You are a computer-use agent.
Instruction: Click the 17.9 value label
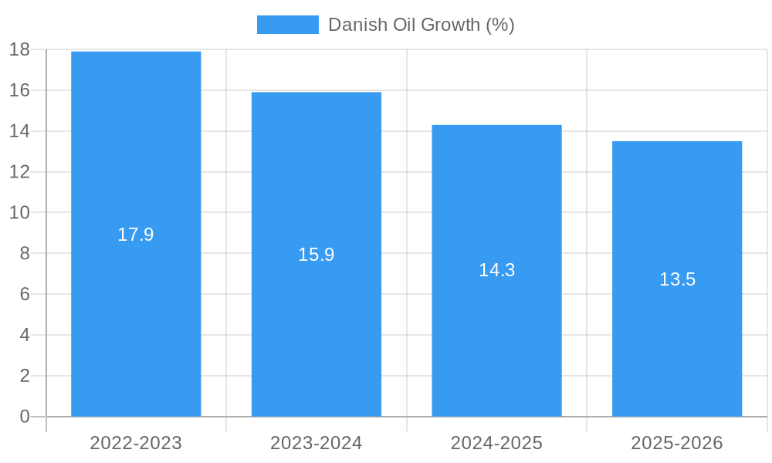pyautogui.click(x=136, y=235)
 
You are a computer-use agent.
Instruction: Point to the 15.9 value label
pyautogui.click(x=317, y=255)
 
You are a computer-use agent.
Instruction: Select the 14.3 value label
pyautogui.click(x=496, y=270)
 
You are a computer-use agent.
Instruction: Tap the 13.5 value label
pyautogui.click(x=677, y=279)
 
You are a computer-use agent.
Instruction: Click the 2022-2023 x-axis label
pyautogui.click(x=136, y=443)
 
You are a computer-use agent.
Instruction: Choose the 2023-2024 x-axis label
pyautogui.click(x=317, y=443)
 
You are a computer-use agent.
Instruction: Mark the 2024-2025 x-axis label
pyautogui.click(x=496, y=443)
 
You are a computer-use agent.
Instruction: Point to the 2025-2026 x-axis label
pyautogui.click(x=677, y=443)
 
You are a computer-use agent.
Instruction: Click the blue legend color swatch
pyautogui.click(x=287, y=25)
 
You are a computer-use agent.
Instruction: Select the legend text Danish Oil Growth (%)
pyautogui.click(x=421, y=25)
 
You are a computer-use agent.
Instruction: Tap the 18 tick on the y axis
pyautogui.click(x=19, y=50)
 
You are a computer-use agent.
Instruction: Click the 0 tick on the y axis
pyautogui.click(x=25, y=417)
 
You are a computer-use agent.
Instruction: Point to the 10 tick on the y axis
pyautogui.click(x=19, y=213)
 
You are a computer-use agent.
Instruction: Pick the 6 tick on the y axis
pyautogui.click(x=25, y=294)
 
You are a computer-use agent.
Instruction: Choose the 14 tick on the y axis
pyautogui.click(x=19, y=131)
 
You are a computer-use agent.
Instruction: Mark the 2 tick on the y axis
pyautogui.click(x=25, y=376)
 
